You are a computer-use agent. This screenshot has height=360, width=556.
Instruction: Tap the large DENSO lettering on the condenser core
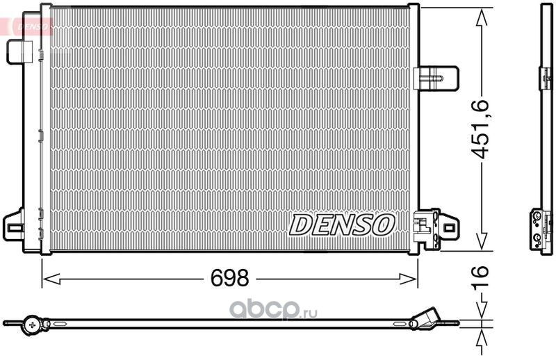point(342,224)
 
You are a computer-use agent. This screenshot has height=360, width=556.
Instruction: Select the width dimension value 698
point(230,279)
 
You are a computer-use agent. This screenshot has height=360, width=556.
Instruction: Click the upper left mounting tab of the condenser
point(19,51)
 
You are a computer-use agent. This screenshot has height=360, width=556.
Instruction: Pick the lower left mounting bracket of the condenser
point(14,225)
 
